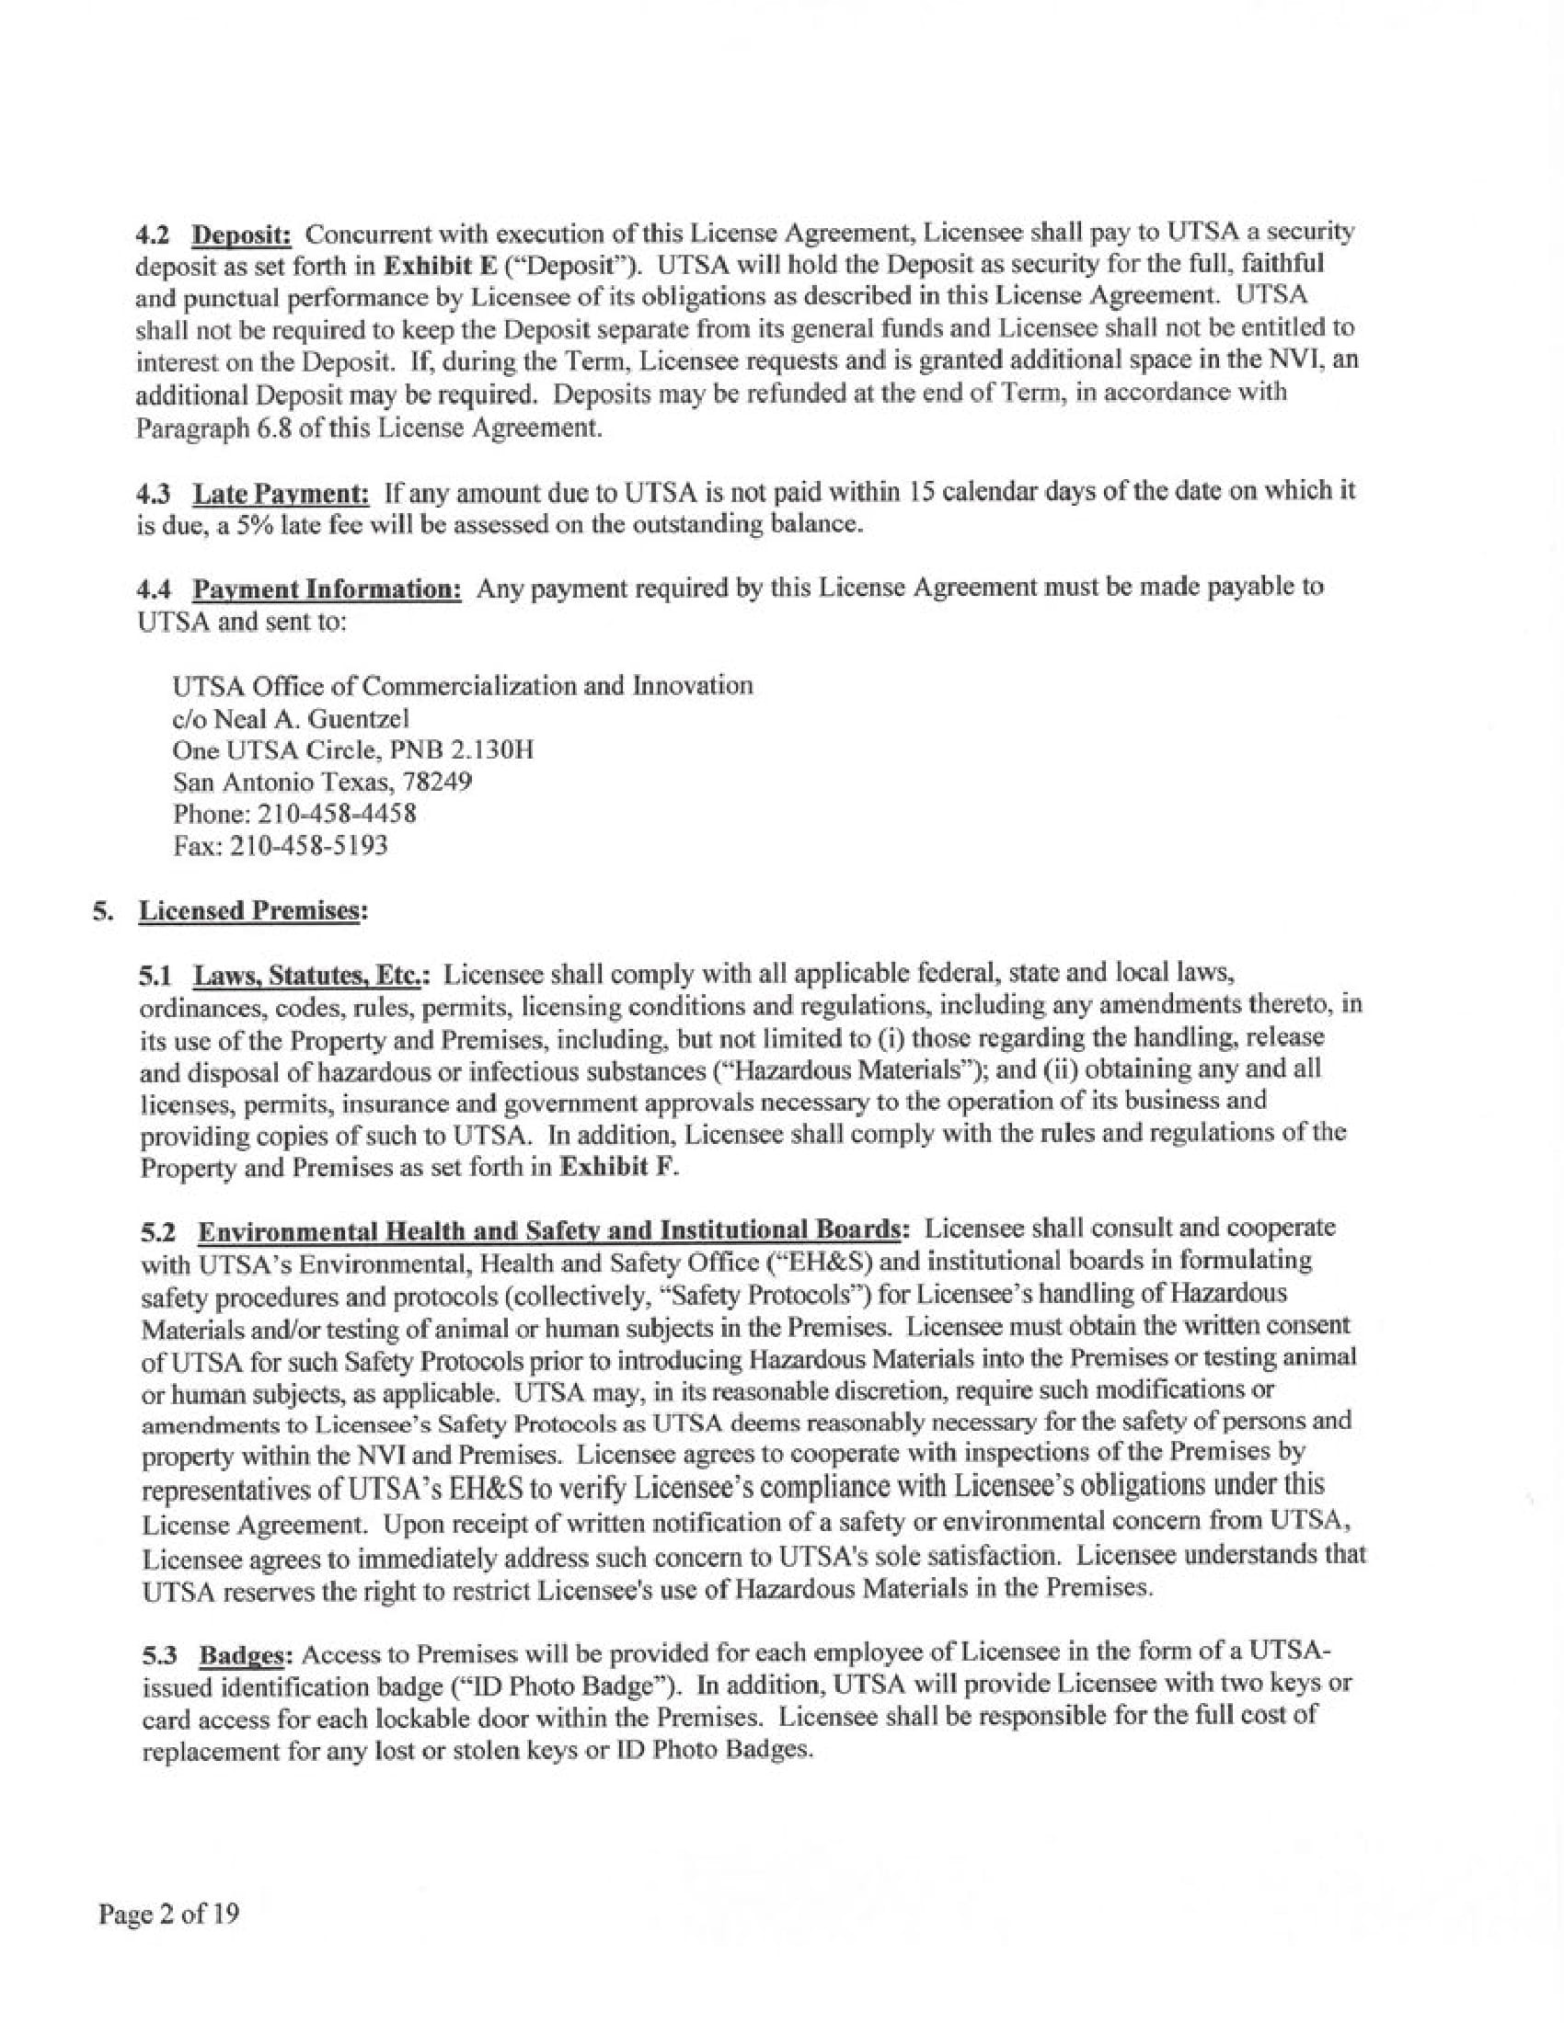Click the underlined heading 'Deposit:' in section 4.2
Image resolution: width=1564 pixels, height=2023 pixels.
242,234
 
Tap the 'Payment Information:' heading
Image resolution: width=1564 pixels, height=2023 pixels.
328,589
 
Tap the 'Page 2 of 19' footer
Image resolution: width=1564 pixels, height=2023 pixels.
169,1914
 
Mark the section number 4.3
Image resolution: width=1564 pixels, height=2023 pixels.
155,492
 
